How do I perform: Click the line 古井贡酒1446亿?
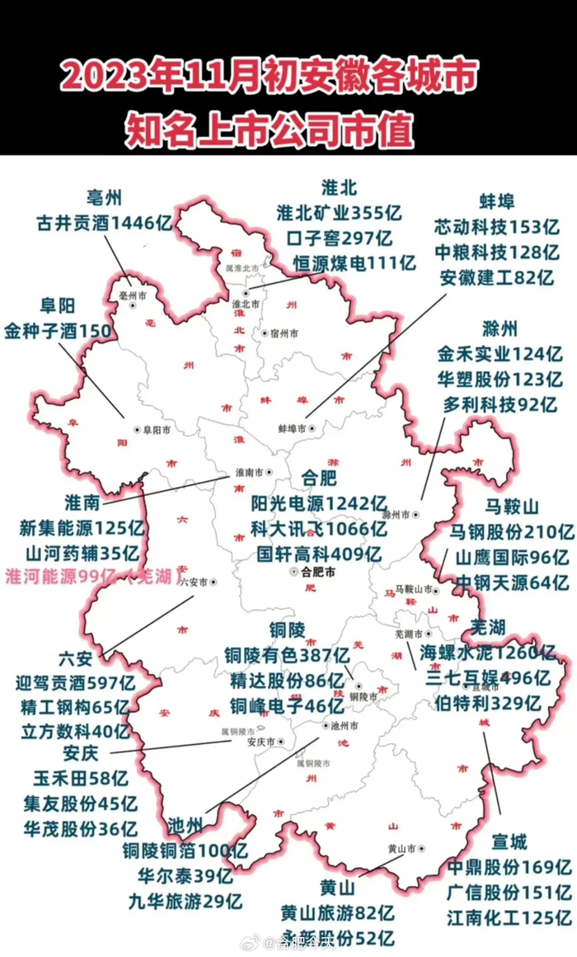click(103, 223)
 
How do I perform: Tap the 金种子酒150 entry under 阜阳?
click(57, 331)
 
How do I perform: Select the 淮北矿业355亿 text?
click(339, 213)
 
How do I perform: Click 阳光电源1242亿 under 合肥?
click(319, 502)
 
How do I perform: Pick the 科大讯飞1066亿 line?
click(319, 528)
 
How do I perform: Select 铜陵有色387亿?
click(287, 656)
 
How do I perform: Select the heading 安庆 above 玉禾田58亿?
click(81, 754)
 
